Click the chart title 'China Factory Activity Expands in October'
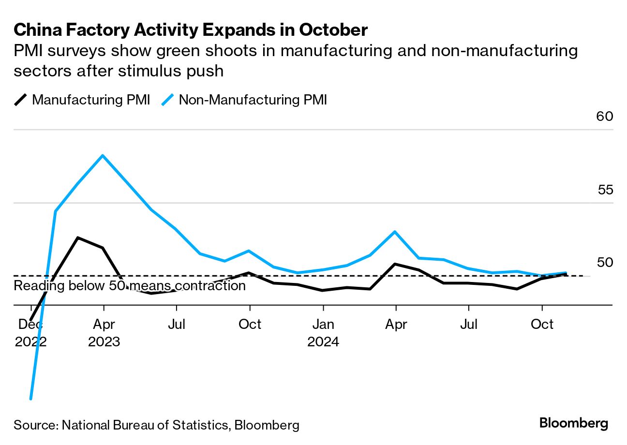pyautogui.click(x=191, y=30)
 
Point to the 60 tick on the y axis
pyautogui.click(x=604, y=117)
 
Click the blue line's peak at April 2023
pyautogui.click(x=103, y=155)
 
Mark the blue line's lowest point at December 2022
pyautogui.click(x=30, y=399)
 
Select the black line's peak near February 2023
pyautogui.click(x=78, y=237)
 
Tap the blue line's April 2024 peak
pyautogui.click(x=396, y=232)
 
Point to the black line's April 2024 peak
pyautogui.click(x=396, y=264)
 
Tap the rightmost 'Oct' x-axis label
pyautogui.click(x=542, y=324)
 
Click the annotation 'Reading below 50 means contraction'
pyautogui.click(x=130, y=286)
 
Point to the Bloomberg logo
pyautogui.click(x=574, y=423)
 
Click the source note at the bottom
pyautogui.click(x=156, y=425)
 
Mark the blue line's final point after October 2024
pyautogui.click(x=566, y=273)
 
